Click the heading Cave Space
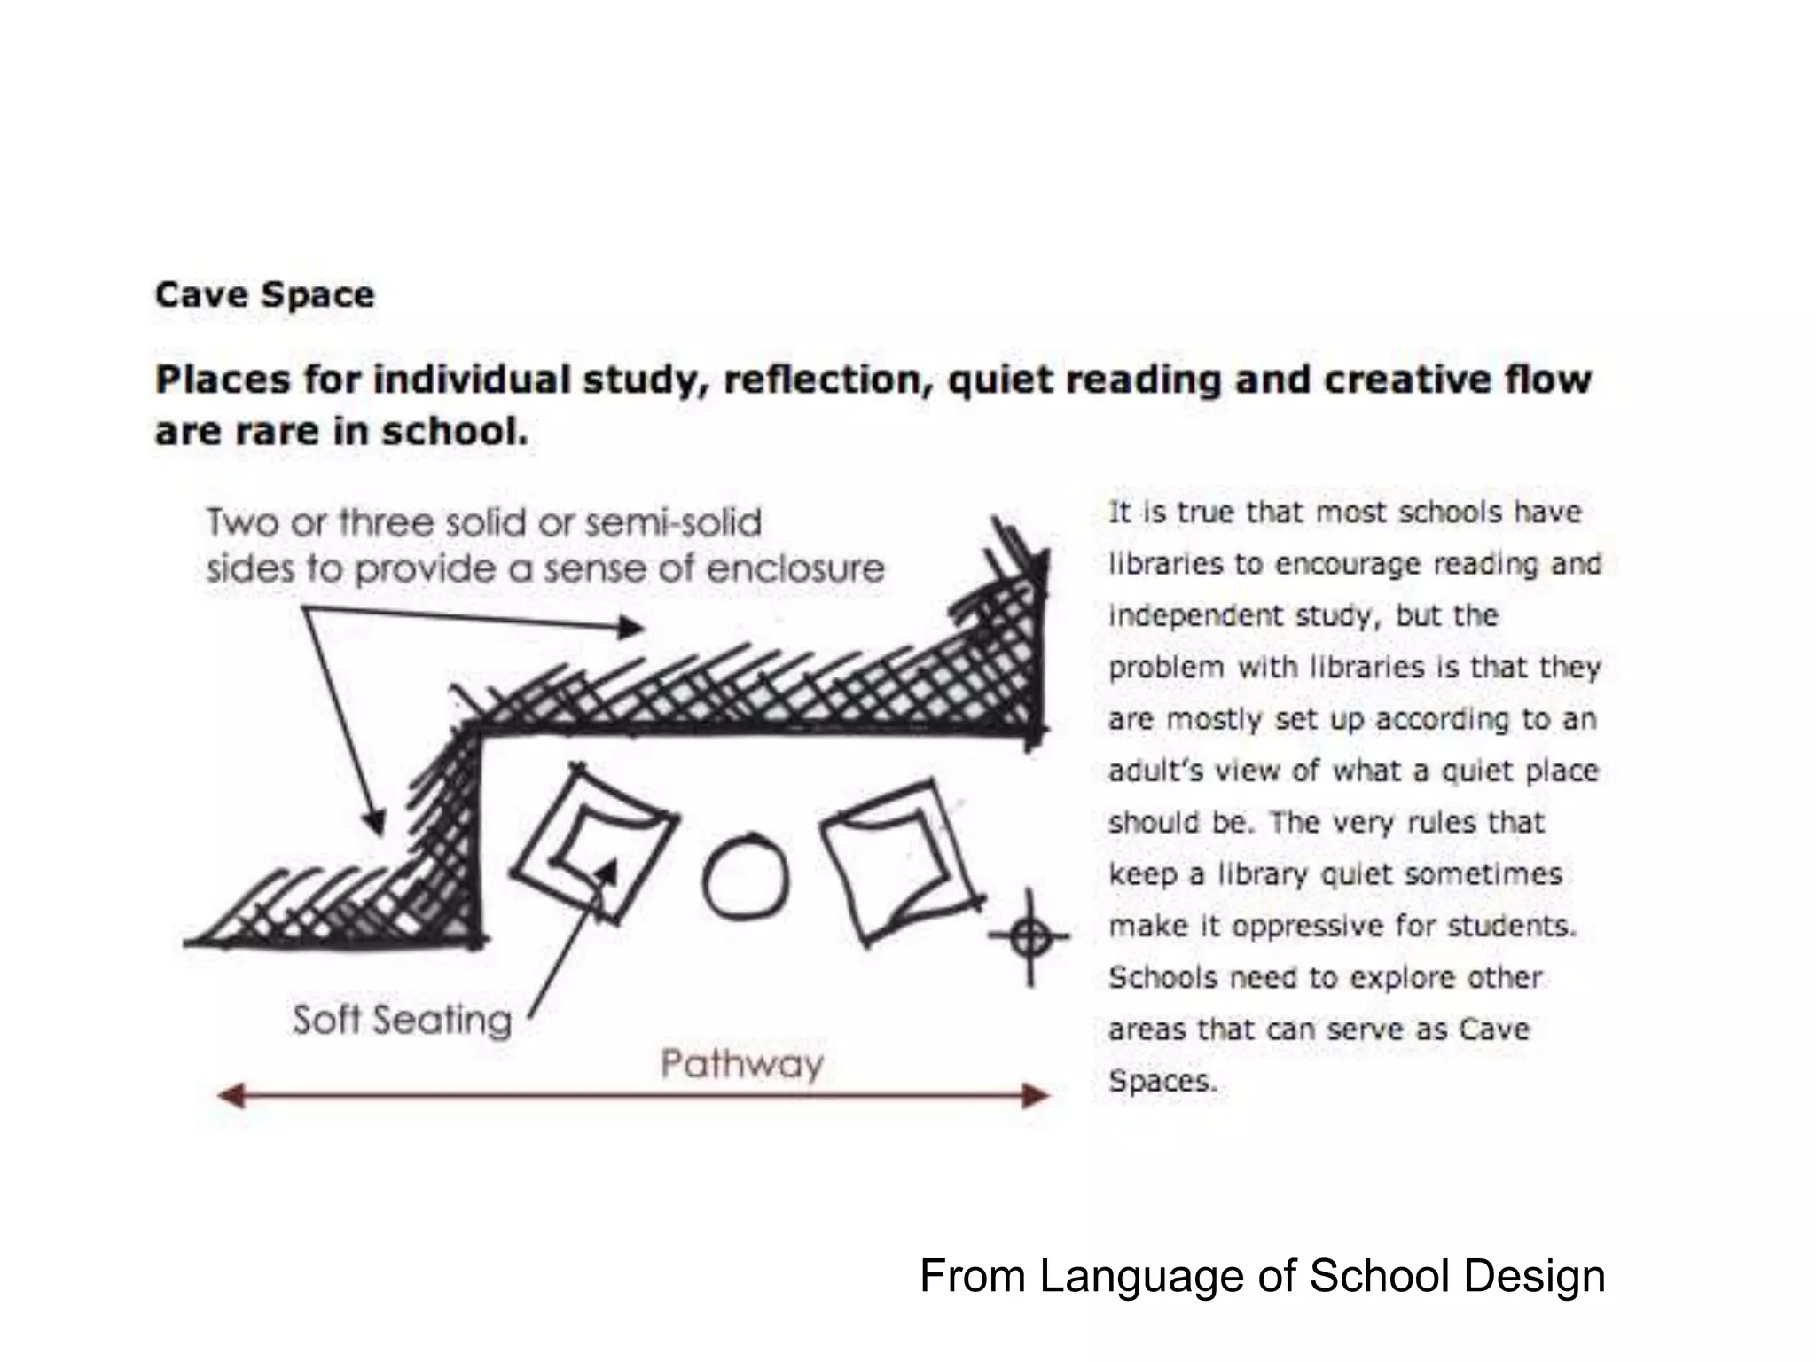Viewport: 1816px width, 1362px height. point(264,294)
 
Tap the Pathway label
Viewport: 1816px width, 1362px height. point(742,1063)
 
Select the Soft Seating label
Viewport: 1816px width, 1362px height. point(402,1020)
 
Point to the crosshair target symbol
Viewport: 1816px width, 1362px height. point(1030,935)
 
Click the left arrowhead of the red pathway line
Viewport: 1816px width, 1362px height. point(231,1097)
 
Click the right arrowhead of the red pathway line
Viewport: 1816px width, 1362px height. point(1036,1096)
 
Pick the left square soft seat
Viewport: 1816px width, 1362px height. point(593,843)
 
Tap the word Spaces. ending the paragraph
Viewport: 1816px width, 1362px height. point(1162,1081)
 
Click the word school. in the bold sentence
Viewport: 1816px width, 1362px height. point(455,432)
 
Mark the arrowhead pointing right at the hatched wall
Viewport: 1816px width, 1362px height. point(631,629)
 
